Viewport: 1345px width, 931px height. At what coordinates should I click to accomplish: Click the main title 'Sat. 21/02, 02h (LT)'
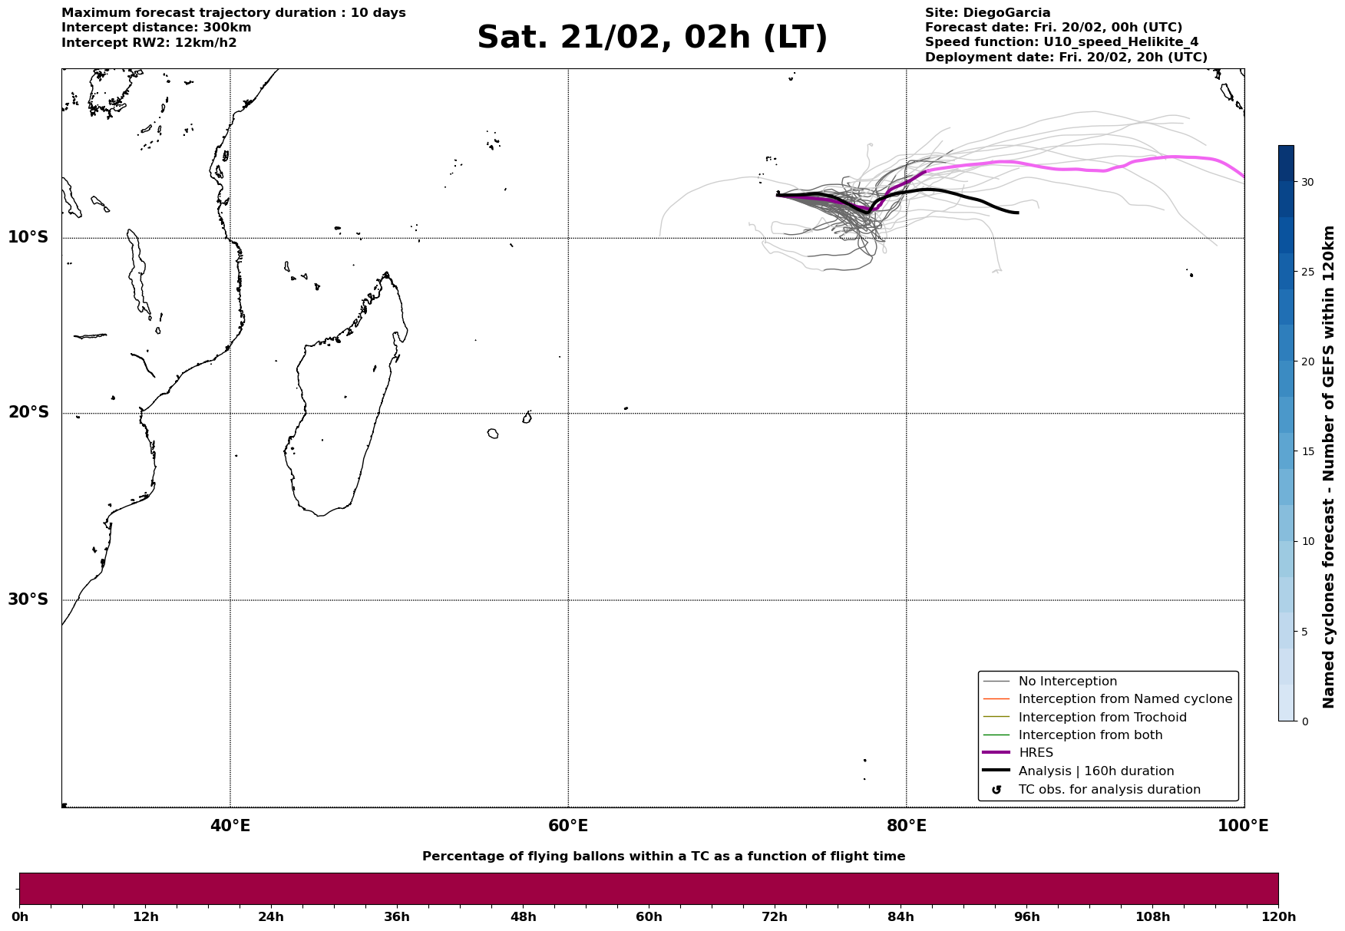coord(652,38)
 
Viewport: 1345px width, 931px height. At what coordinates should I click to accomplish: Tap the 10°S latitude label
coord(28,237)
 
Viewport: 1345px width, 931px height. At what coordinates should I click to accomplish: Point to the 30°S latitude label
coord(28,599)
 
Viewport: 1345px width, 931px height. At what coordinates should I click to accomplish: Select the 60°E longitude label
coord(568,826)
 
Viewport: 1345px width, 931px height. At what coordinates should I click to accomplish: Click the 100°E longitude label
coord(1243,826)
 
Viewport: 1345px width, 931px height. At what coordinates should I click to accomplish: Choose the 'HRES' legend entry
coord(1036,753)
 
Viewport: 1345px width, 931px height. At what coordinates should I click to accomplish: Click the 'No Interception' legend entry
coord(1067,682)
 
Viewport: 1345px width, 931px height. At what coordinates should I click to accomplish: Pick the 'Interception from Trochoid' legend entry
coord(1102,718)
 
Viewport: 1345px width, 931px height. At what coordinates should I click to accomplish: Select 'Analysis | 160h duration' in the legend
coord(1095,771)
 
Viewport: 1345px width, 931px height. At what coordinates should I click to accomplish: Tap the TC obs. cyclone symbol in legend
coord(996,790)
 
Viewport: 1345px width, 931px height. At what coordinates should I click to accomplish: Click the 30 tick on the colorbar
coord(1307,182)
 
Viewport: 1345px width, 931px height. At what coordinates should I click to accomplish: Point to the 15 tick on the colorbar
coord(1307,451)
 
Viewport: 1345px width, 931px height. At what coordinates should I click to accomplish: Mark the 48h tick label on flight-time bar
coord(523,917)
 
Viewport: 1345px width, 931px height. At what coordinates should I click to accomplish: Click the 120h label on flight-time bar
coord(1278,917)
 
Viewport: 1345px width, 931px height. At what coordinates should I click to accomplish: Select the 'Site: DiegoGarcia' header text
coord(987,13)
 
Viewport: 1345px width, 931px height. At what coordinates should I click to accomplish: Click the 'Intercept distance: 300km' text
coord(156,28)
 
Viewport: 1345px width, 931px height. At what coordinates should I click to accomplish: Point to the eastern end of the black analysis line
coord(1018,213)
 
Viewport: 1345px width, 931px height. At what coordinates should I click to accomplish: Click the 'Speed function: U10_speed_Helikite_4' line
coord(1061,42)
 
